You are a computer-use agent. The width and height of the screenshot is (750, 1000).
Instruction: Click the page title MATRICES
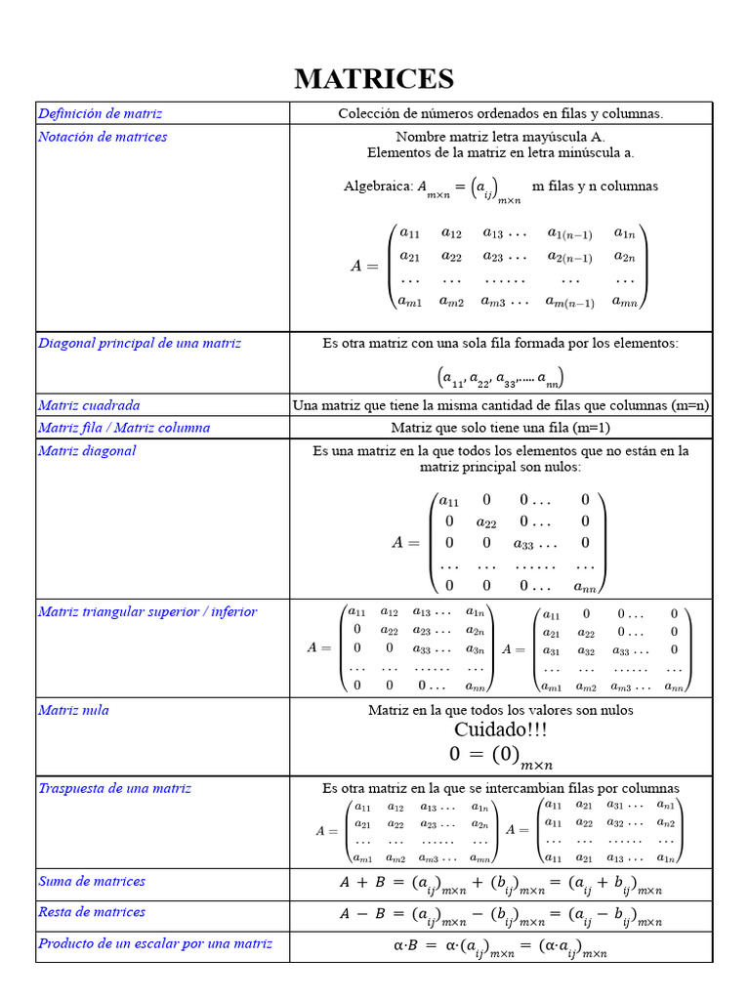click(x=374, y=78)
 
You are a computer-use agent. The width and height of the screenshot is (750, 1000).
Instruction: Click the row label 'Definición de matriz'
click(x=100, y=113)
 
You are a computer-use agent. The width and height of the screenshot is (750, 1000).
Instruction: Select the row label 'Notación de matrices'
click(x=103, y=137)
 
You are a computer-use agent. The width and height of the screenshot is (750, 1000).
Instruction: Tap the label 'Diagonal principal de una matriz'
click(x=140, y=344)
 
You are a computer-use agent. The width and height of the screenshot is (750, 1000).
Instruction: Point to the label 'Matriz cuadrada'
click(x=89, y=405)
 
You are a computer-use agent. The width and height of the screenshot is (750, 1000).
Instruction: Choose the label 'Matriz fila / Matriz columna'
click(x=124, y=428)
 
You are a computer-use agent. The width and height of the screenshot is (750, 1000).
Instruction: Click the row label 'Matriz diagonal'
click(x=87, y=451)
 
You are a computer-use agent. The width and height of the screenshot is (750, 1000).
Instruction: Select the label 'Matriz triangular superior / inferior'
click(x=147, y=612)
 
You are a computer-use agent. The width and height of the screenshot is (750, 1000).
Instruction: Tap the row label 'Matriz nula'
click(x=73, y=710)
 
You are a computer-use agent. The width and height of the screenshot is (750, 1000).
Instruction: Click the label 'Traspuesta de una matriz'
click(x=114, y=788)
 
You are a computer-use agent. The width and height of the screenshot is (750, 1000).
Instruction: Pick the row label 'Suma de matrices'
click(x=92, y=881)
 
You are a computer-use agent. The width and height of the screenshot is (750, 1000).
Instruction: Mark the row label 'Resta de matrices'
click(x=92, y=912)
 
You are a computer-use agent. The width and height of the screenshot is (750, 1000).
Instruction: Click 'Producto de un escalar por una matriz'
click(x=155, y=943)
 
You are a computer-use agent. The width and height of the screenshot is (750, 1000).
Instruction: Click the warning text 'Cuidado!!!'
click(x=500, y=730)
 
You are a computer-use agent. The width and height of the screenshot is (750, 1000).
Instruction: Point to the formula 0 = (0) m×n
click(x=500, y=756)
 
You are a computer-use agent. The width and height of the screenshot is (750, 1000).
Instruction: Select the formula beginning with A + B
click(x=500, y=885)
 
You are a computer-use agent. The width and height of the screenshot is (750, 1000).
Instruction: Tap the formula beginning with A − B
click(x=500, y=916)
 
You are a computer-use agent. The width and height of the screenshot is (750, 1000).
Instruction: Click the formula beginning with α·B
click(x=500, y=947)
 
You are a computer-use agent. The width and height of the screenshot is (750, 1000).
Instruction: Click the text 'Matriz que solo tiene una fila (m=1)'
click(x=500, y=428)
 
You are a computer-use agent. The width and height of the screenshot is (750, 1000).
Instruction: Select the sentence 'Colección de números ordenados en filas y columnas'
click(x=500, y=113)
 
